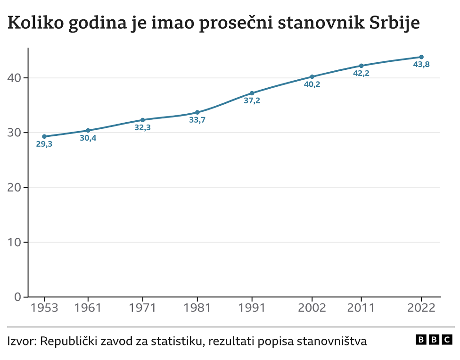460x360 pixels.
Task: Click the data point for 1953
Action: [44, 136]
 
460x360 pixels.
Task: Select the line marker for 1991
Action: [252, 93]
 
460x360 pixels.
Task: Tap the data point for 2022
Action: [421, 57]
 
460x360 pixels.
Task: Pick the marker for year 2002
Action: [312, 76]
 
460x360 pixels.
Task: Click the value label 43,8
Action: [421, 65]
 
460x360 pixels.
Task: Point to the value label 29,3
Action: [44, 144]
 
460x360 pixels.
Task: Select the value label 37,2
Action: [252, 100]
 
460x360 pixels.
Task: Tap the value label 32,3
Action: [142, 127]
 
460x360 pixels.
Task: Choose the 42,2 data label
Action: [361, 73]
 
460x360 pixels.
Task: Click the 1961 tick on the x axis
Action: [88, 308]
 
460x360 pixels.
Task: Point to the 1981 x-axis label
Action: [197, 308]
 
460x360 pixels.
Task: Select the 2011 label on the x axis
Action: [361, 308]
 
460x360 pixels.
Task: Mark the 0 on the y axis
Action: [18, 297]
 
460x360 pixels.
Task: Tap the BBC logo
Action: [434, 339]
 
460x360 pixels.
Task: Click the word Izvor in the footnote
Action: [20, 341]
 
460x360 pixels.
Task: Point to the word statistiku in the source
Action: [174, 341]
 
